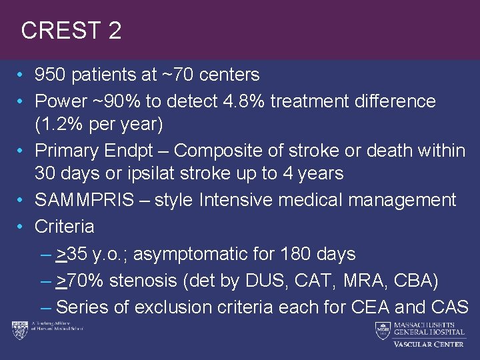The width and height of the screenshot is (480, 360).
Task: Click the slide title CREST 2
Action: tap(71, 31)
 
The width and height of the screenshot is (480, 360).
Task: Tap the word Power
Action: tap(61, 101)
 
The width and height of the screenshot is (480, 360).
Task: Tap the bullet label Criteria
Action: tap(65, 227)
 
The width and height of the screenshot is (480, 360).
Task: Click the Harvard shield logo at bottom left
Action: tap(18, 329)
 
